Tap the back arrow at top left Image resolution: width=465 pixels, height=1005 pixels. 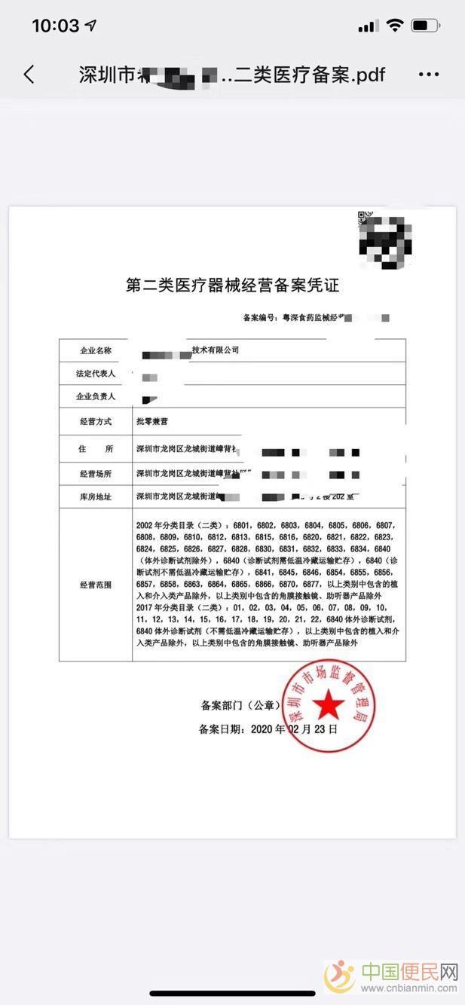(29, 74)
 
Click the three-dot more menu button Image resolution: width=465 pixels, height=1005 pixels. (428, 75)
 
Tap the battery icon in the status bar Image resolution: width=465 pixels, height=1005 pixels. (426, 26)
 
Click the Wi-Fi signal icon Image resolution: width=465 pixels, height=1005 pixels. (394, 26)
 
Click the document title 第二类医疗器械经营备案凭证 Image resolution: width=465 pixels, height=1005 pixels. (232, 286)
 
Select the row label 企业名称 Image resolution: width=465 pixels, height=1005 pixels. (96, 350)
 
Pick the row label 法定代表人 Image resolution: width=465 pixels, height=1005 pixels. (96, 373)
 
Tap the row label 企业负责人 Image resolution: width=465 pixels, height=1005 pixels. (96, 396)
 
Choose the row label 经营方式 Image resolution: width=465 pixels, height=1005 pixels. (96, 422)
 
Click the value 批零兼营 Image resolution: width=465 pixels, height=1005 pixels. (152, 422)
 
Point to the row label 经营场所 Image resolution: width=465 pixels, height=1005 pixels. (96, 473)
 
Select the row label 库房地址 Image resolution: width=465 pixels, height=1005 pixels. (96, 496)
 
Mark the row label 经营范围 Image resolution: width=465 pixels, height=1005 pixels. (96, 584)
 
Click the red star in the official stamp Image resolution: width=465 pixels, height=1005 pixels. (328, 707)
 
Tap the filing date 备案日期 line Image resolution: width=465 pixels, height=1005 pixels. (268, 729)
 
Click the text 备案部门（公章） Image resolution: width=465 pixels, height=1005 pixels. (240, 706)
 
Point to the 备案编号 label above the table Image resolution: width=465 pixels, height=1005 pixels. (260, 319)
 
